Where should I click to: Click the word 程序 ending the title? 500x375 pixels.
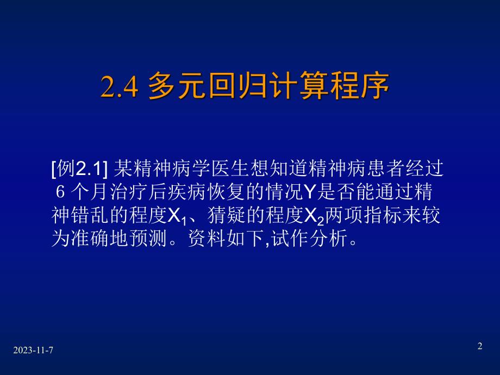(360, 87)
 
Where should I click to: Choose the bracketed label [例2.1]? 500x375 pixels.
(80, 171)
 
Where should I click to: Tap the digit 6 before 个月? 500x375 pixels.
(60, 193)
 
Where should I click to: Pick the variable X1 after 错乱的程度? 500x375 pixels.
(174, 217)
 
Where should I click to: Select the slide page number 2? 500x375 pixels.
(479, 346)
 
